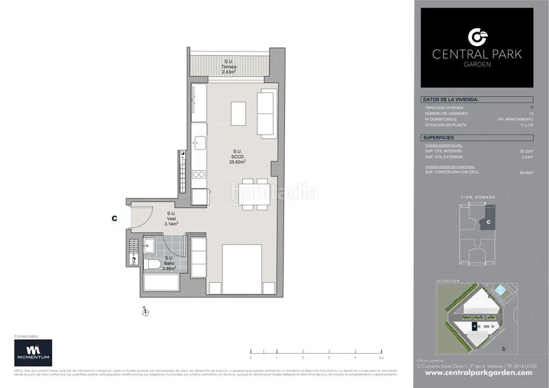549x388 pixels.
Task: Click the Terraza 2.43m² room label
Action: pos(229,67)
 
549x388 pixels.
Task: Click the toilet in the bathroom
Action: pos(152,264)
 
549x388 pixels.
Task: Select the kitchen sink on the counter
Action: pos(199,144)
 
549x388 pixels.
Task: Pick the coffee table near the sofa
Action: pos(238,113)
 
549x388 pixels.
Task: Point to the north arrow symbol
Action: pos(145,312)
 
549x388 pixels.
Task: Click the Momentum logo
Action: pos(34,353)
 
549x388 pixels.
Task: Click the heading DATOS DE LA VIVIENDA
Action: pos(450,100)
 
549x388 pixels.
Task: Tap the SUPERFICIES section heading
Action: pos(437,138)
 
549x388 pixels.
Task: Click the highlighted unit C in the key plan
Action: pos(487,221)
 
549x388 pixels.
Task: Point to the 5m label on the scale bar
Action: pos(379,358)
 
